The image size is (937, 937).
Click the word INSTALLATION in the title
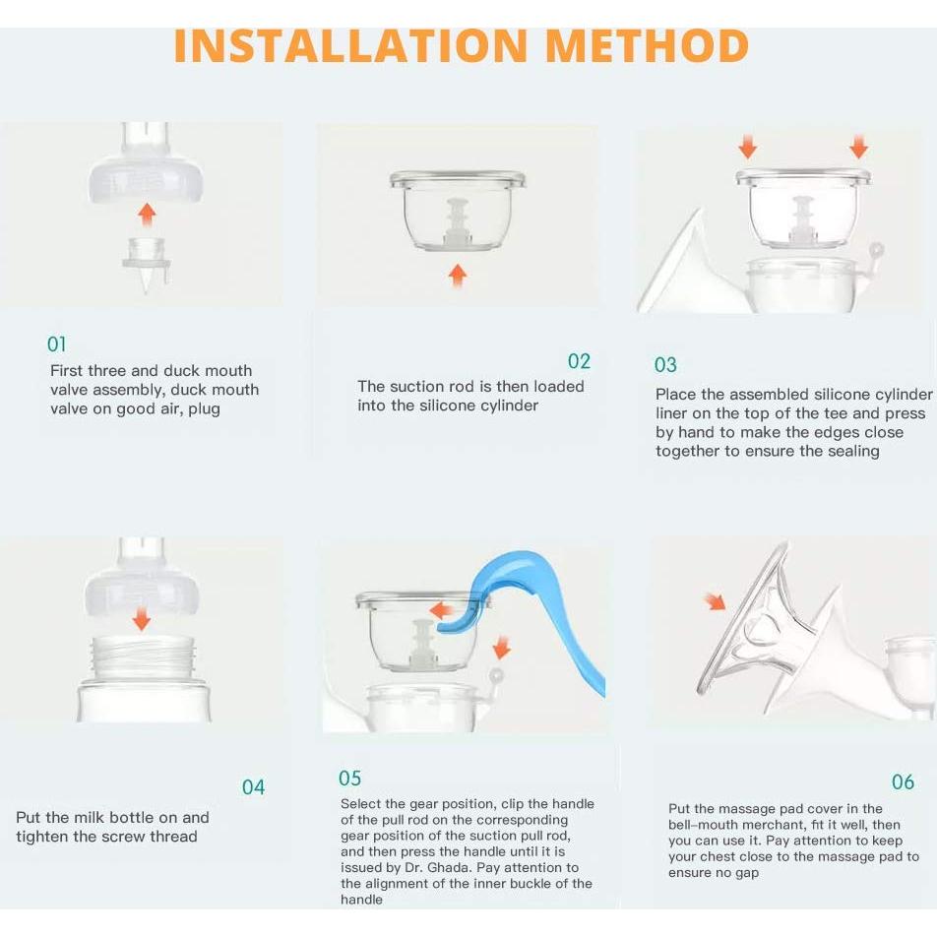[350, 46]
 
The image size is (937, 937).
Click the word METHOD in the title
[648, 46]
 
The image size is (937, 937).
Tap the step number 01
[57, 344]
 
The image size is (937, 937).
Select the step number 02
[579, 361]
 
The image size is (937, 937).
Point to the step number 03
[665, 365]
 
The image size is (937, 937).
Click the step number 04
[253, 787]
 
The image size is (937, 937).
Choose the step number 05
[350, 778]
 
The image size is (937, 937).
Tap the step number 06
[903, 781]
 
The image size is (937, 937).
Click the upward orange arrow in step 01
[147, 214]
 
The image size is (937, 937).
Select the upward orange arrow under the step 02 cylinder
[458, 276]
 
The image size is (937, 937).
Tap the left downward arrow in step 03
[748, 147]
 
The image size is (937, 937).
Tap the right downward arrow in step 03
[858, 147]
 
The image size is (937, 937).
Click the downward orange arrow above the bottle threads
[142, 618]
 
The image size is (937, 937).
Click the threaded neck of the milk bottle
[143, 658]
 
